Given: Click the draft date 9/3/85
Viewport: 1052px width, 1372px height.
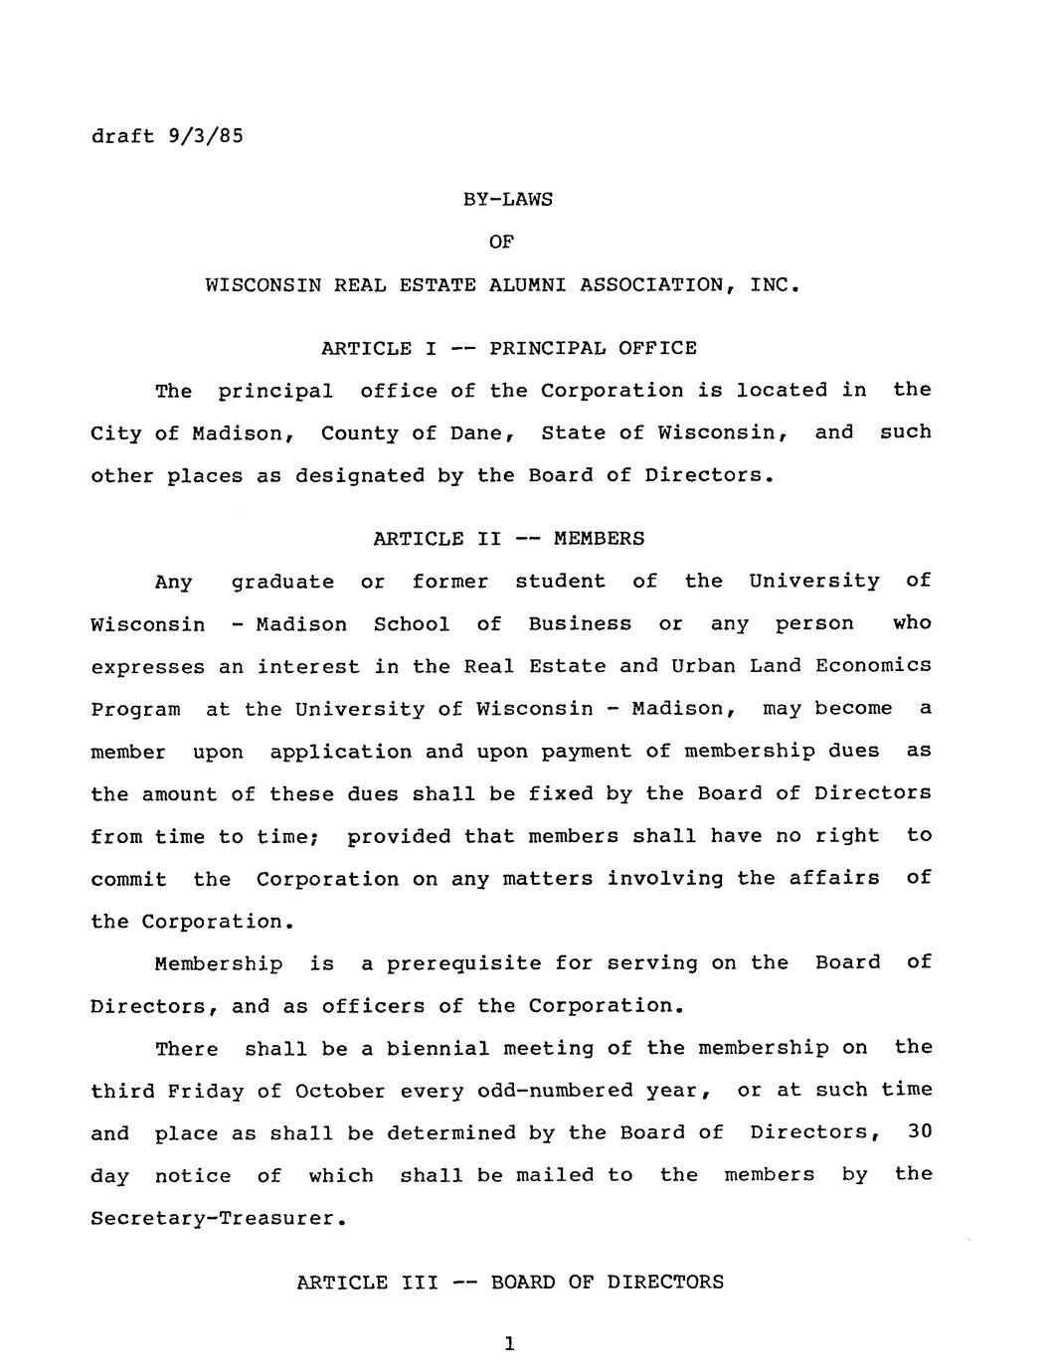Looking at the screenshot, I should (206, 135).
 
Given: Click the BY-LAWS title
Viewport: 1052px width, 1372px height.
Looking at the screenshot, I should (508, 200).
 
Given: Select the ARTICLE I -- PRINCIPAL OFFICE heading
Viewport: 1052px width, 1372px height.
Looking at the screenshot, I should (508, 348).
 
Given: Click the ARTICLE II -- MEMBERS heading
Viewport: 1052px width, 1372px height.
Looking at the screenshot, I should (508, 539).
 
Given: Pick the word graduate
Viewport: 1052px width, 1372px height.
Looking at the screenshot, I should (282, 583).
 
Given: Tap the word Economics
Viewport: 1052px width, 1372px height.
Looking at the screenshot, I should (873, 666).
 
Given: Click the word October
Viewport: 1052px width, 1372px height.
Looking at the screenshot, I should (339, 1091).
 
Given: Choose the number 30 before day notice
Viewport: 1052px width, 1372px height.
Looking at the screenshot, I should (919, 1132).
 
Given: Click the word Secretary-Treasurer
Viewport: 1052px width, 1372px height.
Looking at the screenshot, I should (218, 1218).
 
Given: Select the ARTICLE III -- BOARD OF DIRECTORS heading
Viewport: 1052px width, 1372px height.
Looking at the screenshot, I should (510, 1283).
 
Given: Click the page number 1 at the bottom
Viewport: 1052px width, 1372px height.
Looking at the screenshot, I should (508, 1344).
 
